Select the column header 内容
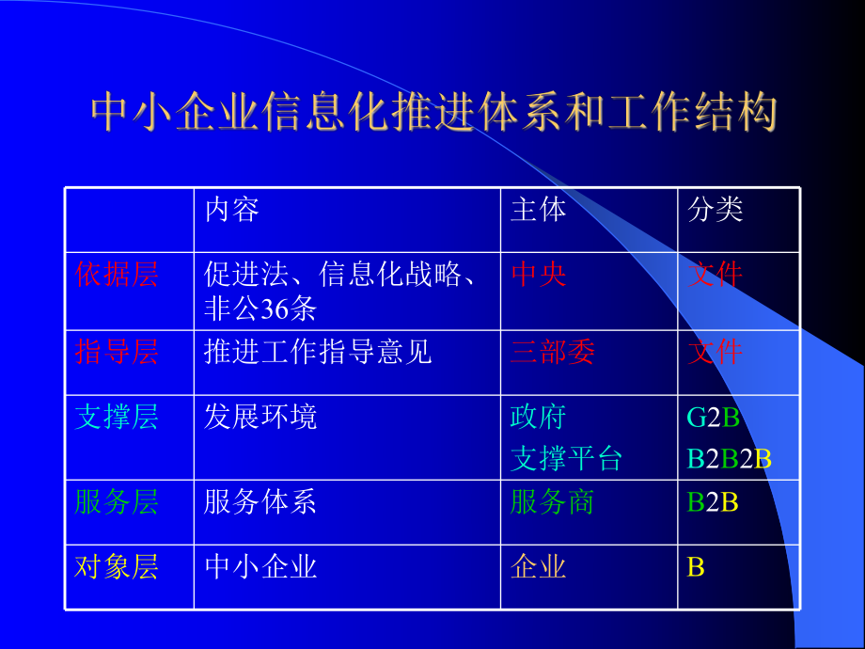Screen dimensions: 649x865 pyautogui.click(x=231, y=209)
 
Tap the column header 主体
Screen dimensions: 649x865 pyautogui.click(x=538, y=209)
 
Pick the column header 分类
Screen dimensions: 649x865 pyautogui.click(x=716, y=209)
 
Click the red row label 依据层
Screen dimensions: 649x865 pyautogui.click(x=117, y=275)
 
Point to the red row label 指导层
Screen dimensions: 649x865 pyautogui.click(x=117, y=352)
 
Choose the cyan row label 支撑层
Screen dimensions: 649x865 pyautogui.click(x=117, y=417)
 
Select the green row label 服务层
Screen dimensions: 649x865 pyautogui.click(x=117, y=502)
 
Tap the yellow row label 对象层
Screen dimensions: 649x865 pyautogui.click(x=117, y=566)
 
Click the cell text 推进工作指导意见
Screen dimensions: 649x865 pyautogui.click(x=317, y=352)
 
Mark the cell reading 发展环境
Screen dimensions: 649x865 pyautogui.click(x=260, y=417)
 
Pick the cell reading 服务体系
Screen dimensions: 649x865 pyautogui.click(x=260, y=502)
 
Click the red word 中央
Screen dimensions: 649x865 pyautogui.click(x=538, y=275)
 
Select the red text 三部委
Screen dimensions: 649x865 pyautogui.click(x=552, y=352)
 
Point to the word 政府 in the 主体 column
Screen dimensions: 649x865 pyautogui.click(x=538, y=417)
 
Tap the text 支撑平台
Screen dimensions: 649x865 pyautogui.click(x=566, y=459)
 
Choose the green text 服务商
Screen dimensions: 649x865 pyautogui.click(x=552, y=502)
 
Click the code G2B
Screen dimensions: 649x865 pyautogui.click(x=714, y=417)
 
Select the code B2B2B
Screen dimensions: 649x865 pyautogui.click(x=730, y=459)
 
